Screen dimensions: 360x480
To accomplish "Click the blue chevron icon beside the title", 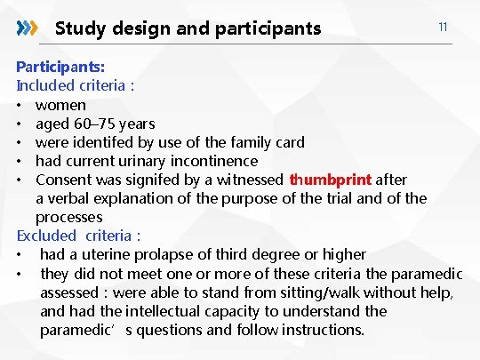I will click(x=28, y=28).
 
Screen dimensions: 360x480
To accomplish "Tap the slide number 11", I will click(x=442, y=28).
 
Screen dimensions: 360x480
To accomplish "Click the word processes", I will click(x=69, y=217).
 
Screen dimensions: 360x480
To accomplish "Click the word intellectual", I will click(x=164, y=311).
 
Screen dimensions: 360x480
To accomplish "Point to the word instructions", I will click(x=318, y=330).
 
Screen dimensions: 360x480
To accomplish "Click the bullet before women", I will click(x=20, y=105).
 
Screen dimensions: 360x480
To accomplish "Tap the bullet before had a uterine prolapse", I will click(x=20, y=254).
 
